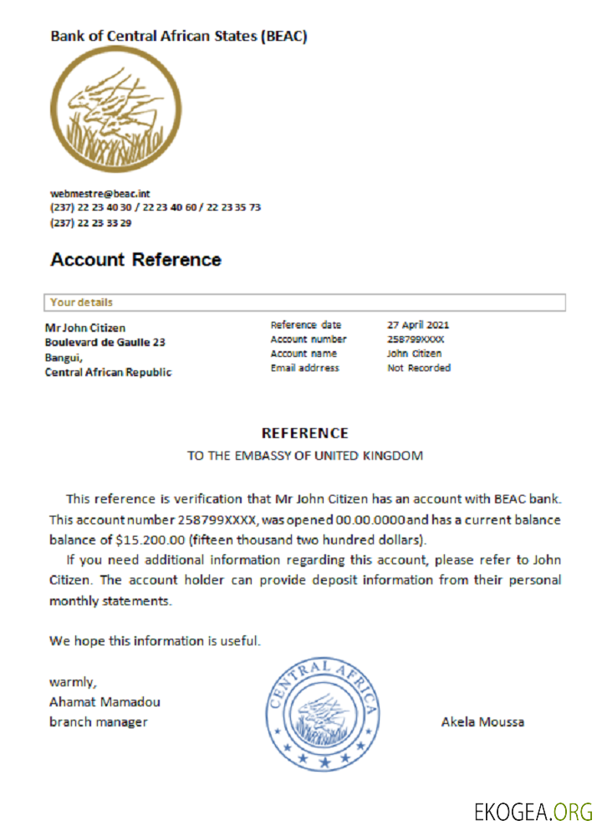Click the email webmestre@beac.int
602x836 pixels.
99,193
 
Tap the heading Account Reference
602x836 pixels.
135,259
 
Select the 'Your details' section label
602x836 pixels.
81,303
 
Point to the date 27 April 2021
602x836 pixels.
419,324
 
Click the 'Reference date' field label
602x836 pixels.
305,324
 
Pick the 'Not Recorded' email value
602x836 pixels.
418,368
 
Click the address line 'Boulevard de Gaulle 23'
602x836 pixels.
105,343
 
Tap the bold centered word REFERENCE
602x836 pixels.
304,433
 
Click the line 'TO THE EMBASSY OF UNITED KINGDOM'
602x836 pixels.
304,456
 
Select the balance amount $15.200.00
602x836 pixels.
153,538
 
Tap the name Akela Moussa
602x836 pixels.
482,721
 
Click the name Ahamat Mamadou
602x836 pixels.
105,701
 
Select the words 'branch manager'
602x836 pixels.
98,721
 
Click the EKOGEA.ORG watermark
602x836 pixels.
533,811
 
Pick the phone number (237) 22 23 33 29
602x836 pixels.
90,222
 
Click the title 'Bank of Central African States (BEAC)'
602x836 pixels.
179,36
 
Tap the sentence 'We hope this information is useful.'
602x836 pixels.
155,641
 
